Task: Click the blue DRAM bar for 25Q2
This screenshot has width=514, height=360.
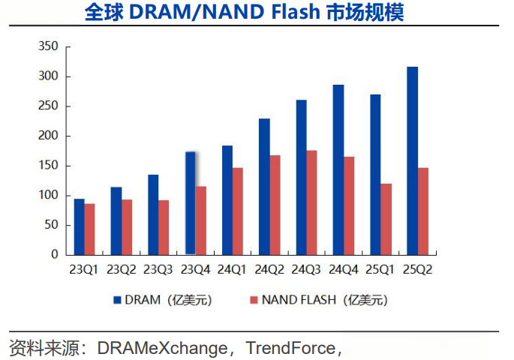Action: click(412, 160)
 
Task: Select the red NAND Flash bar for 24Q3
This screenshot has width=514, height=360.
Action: click(312, 202)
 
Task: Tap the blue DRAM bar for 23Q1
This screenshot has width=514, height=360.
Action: click(79, 226)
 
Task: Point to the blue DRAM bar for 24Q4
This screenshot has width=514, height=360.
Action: click(338, 169)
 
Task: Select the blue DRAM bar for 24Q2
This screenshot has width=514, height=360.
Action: click(264, 187)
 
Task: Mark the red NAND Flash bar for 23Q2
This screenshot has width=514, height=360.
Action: click(127, 226)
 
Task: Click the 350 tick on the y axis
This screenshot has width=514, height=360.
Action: click(48, 46)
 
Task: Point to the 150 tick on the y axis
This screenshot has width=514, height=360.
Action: click(48, 166)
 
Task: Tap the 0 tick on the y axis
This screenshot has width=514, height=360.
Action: click(54, 255)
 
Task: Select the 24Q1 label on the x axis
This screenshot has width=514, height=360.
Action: click(232, 269)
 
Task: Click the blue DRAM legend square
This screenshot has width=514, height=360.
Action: click(118, 300)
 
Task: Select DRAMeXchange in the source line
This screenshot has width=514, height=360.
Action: click(162, 348)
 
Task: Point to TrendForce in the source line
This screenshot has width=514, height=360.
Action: click(290, 348)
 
